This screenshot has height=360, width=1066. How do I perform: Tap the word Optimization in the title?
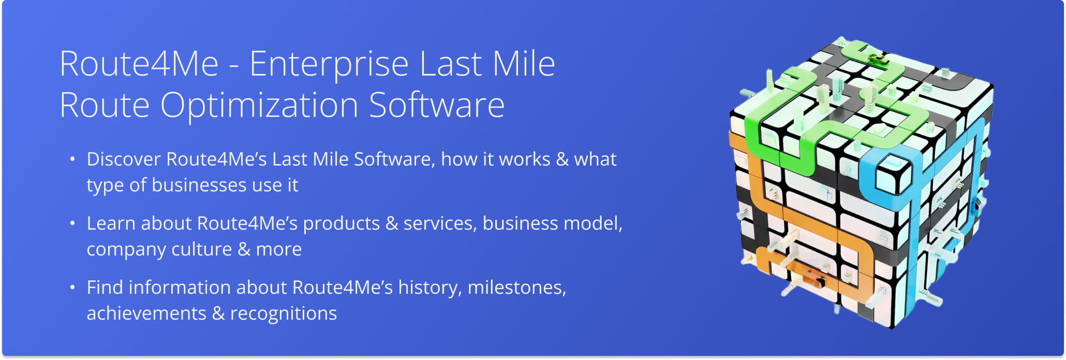tap(259, 106)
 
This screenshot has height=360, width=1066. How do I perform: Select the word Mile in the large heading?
tap(524, 64)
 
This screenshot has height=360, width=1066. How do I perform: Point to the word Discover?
tap(124, 159)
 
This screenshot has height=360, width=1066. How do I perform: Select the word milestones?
tap(516, 288)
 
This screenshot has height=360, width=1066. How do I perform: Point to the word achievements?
tap(146, 313)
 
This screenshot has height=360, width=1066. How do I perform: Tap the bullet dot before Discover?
tap(72, 159)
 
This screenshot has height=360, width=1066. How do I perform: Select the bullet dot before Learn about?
tap(72, 223)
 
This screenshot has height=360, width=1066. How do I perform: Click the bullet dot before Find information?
tap(72, 287)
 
